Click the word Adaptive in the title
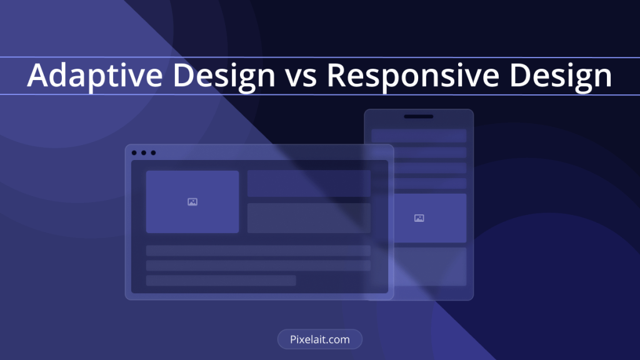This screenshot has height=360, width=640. (95, 75)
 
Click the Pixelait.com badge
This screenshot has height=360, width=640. (319, 339)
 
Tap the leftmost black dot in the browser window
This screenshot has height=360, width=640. (134, 152)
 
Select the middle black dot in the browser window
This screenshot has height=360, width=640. (144, 152)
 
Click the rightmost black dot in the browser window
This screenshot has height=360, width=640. (154, 152)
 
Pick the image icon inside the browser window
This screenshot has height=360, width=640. (192, 202)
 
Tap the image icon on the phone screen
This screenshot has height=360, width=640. (419, 218)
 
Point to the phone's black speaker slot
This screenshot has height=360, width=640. (418, 116)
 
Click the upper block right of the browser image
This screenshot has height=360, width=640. (309, 184)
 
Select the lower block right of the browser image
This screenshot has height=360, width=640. (309, 218)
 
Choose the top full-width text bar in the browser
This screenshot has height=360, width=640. (258, 250)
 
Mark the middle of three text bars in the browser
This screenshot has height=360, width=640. (258, 265)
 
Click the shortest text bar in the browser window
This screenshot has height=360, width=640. (221, 281)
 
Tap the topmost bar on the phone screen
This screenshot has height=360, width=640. (419, 136)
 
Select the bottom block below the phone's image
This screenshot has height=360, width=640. (430, 266)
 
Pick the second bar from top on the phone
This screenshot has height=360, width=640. (430, 152)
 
